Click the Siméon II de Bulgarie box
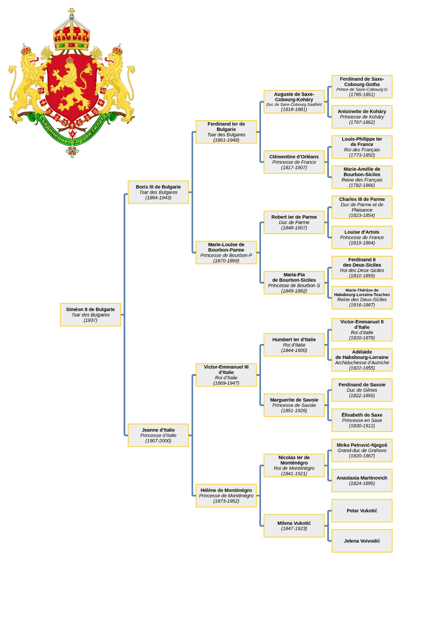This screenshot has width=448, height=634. pos(91,315)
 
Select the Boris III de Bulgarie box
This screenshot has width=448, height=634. pos(158,192)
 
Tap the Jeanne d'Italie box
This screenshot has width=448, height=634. pos(158,435)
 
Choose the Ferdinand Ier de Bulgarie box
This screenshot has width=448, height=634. pos(226,132)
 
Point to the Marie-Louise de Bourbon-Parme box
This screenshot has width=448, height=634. pos(226,253)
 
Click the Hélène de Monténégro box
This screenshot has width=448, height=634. pos(226,495)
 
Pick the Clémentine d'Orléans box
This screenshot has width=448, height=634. pos(294,162)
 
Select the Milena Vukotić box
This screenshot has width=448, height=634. pos(294,526)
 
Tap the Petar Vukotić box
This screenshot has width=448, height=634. pos(362,511)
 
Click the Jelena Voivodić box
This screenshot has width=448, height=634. pos(362,541)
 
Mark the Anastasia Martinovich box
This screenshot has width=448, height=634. pos(362,480)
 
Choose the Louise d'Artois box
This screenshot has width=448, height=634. pos(362,237)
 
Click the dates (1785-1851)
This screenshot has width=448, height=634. pos(362,95)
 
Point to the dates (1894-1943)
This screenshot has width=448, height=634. pos(158,198)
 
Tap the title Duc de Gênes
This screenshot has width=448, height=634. pos(362,390)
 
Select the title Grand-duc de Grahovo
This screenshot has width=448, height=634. pos(362,450)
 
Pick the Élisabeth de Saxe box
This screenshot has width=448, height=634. pos(362,420)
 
